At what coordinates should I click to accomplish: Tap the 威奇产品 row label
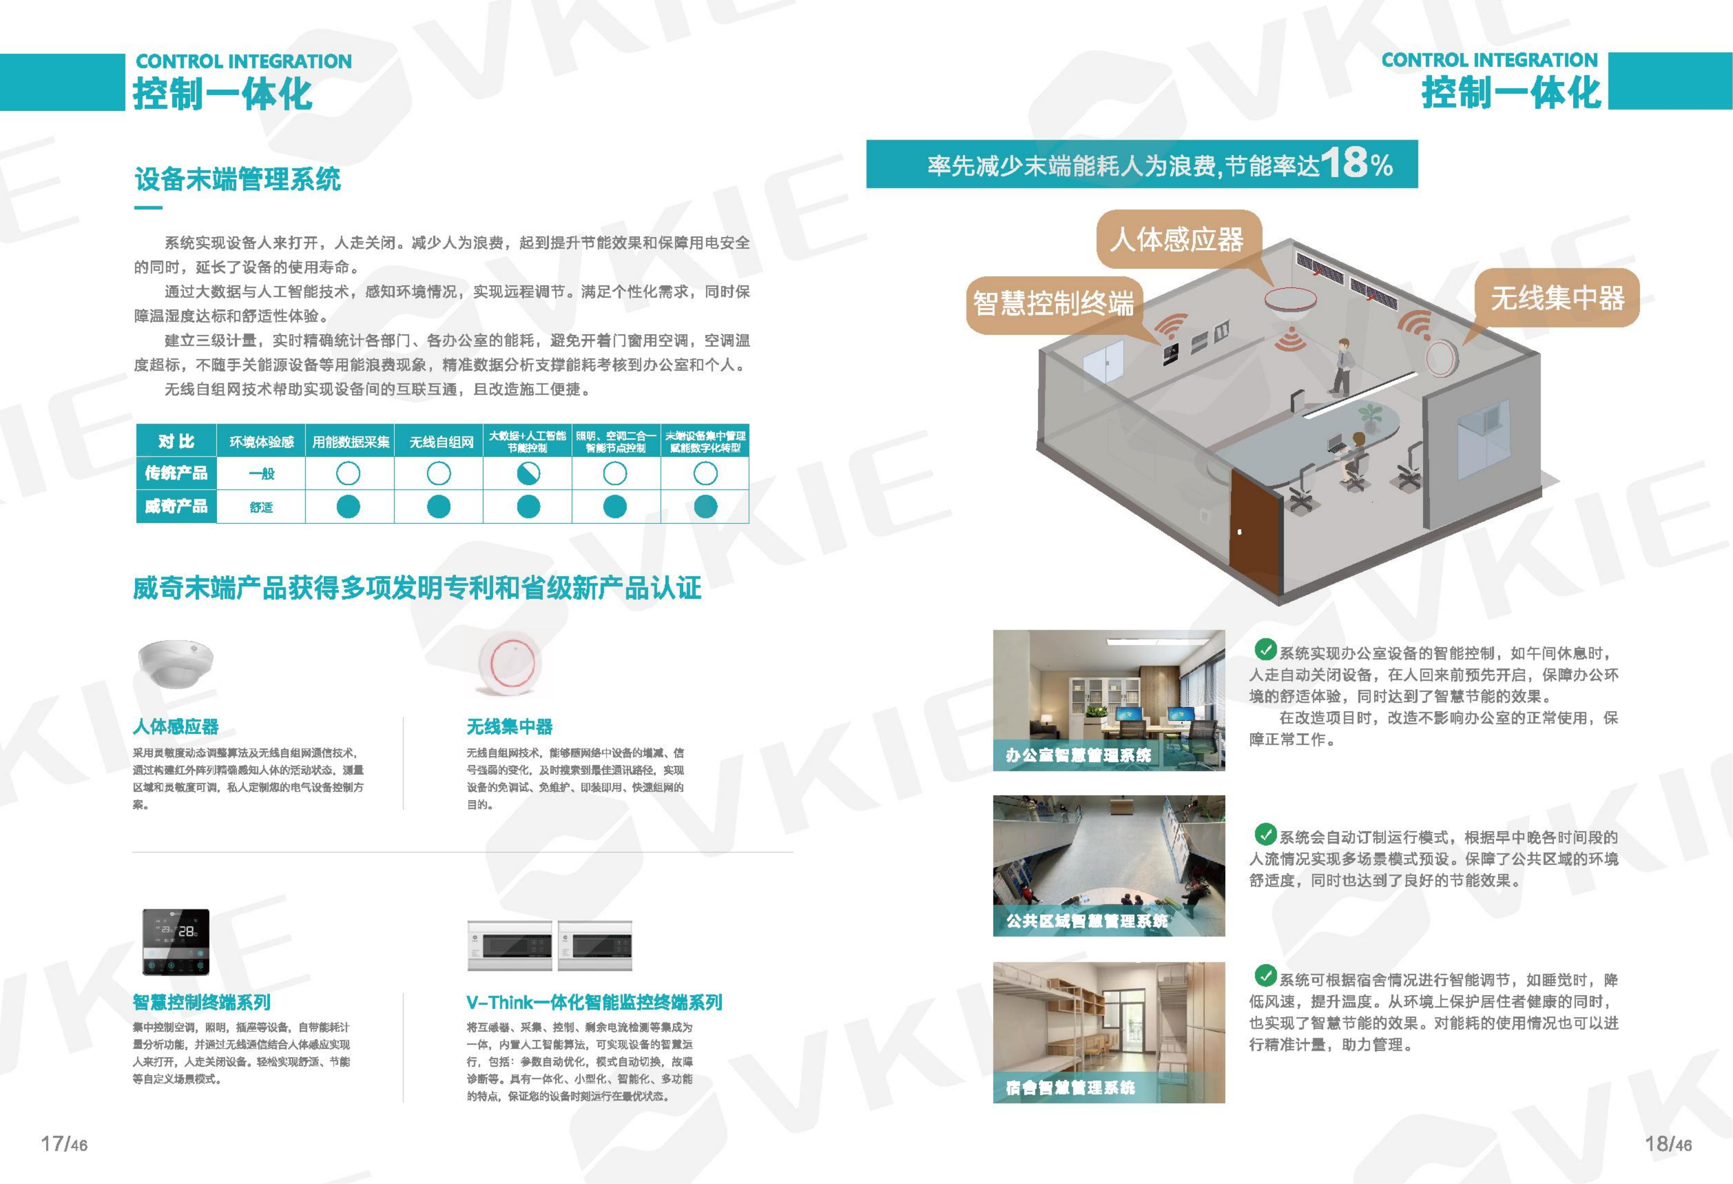176,506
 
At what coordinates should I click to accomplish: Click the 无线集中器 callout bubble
1557,298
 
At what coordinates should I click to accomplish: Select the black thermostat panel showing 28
176,942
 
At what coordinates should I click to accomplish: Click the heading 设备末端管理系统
237,179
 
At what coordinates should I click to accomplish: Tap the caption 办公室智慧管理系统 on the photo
1078,755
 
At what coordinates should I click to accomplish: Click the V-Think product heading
594,1002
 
